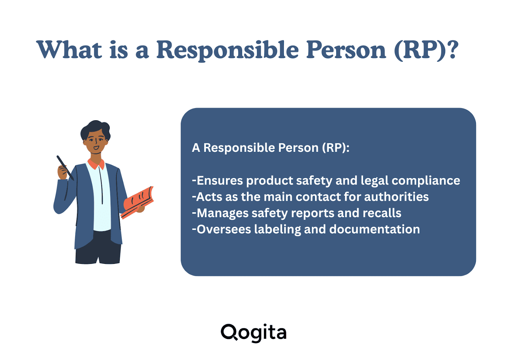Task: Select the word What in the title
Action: click(x=69, y=49)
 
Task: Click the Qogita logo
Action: click(x=253, y=333)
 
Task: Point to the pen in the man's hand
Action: click(x=65, y=168)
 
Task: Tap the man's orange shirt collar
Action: click(x=96, y=164)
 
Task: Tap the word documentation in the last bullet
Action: click(x=375, y=229)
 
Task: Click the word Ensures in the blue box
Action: click(x=220, y=180)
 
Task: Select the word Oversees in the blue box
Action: click(x=224, y=229)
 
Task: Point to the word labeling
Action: click(x=278, y=230)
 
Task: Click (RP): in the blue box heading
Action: click(x=336, y=148)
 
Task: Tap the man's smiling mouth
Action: click(x=96, y=148)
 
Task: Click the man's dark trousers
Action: click(x=98, y=248)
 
